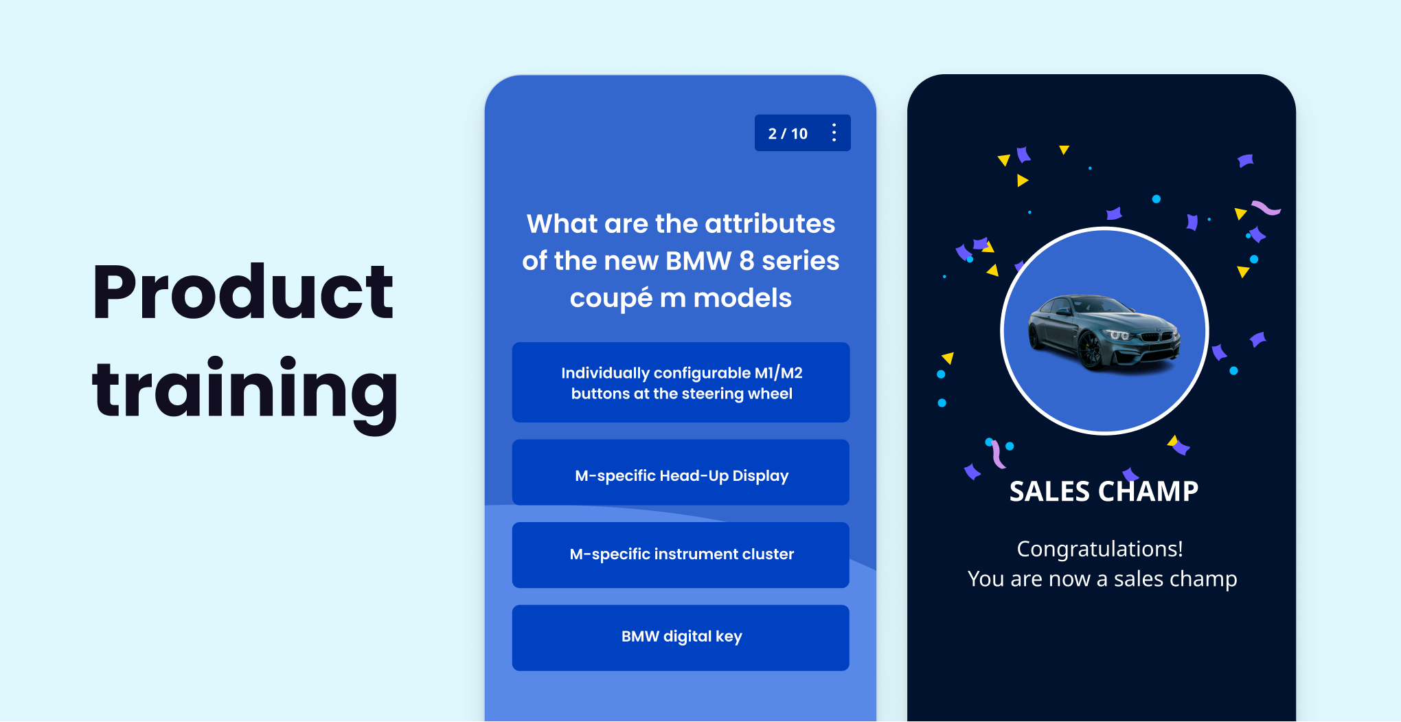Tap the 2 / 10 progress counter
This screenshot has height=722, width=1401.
pos(788,134)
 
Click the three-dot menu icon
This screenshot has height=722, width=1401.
pos(834,133)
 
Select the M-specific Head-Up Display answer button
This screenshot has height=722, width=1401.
pos(681,475)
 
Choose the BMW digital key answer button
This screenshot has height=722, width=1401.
pos(681,637)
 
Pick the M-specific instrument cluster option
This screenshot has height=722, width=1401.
pos(681,554)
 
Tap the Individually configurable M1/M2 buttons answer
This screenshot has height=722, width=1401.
pos(681,383)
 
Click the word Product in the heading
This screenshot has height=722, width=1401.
pos(243,293)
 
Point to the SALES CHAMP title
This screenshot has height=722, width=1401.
pos(1103,492)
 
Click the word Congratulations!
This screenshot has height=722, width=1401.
pos(1100,549)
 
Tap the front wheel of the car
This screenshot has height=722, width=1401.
pos(1090,350)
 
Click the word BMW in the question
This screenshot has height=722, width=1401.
pos(698,261)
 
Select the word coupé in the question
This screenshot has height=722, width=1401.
pos(611,299)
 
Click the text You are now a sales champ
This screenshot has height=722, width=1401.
pos(1102,579)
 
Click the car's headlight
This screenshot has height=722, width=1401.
pos(1119,335)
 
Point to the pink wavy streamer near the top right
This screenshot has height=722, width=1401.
pos(1266,207)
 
